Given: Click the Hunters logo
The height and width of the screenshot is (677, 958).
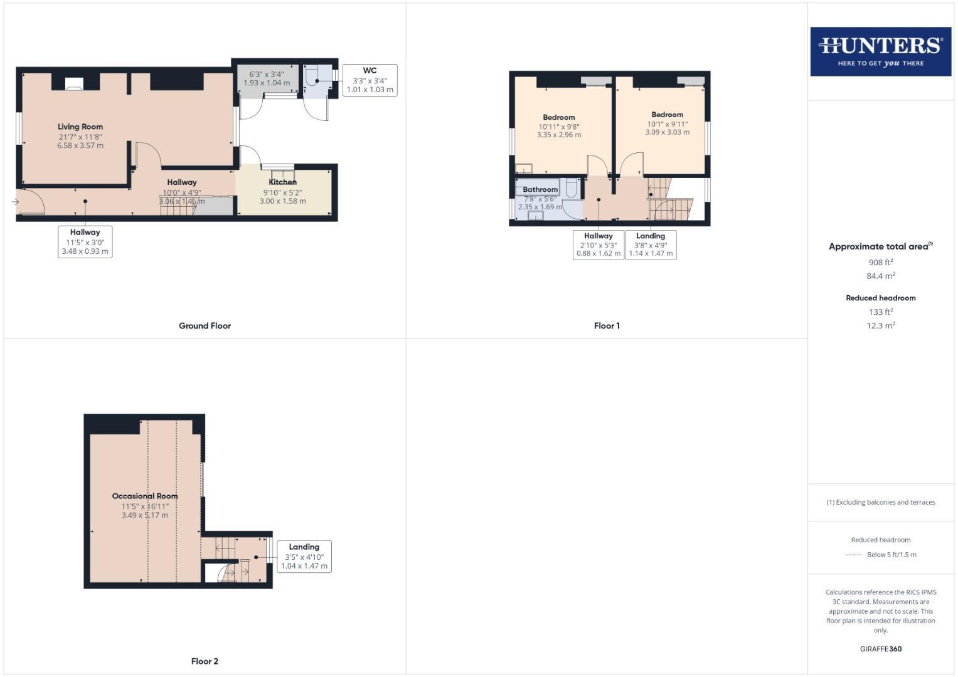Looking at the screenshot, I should pos(880,51).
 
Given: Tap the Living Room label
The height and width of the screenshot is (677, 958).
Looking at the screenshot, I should pos(80,127).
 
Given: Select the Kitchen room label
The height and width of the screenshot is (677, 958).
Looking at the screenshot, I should pos(282,182).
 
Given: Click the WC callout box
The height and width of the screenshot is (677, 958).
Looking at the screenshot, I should pos(370,80).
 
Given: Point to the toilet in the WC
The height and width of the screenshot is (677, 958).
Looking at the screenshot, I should pos(312,76).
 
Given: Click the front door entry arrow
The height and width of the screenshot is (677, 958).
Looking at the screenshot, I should pos(15,201).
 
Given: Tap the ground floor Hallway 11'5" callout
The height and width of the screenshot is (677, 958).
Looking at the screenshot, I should pos(85,242).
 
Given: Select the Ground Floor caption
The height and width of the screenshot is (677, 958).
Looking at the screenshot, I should pos(205,326).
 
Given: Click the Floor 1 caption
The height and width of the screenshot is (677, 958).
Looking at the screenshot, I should pos(607,326).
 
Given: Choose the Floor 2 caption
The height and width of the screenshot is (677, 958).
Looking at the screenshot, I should pos(205,661).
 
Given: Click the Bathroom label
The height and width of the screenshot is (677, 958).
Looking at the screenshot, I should pos(540,189).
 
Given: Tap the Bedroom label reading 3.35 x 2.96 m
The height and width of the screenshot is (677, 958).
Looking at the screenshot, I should pos(558,118).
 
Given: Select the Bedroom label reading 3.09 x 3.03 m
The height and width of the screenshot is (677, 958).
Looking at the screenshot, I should pos(667,115).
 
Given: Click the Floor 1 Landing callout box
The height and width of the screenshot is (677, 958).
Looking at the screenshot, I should pos(651,245).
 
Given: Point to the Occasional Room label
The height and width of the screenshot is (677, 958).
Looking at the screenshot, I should pos(145,496).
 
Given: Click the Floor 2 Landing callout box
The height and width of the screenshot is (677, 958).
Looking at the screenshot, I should pos(304,557).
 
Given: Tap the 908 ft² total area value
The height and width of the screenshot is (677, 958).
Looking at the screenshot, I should pos(880,263).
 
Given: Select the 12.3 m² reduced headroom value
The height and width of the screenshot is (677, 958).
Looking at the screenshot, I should pos(880,326).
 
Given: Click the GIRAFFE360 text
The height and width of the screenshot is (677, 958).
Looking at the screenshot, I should pos(880,649).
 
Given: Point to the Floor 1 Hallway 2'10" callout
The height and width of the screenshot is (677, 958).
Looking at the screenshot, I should pos(598,245).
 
